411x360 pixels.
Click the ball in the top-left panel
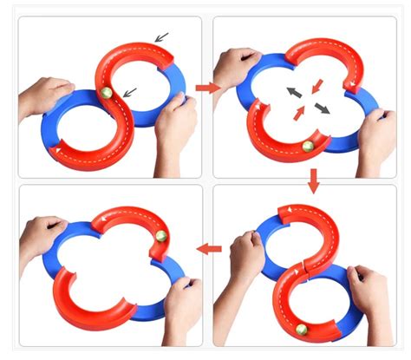(107, 92)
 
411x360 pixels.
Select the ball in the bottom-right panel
(300, 331)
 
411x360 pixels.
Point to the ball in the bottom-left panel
(161, 236)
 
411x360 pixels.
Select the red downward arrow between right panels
(314, 180)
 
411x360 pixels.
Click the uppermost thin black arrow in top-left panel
(162, 36)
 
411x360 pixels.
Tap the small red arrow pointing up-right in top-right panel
(299, 113)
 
